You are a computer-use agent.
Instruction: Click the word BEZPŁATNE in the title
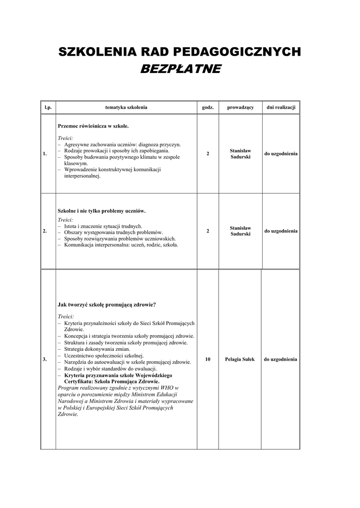(180, 68)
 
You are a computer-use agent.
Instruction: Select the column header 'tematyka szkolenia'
(126, 107)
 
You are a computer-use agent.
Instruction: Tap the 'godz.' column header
(208, 107)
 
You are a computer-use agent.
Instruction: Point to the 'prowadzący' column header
(240, 107)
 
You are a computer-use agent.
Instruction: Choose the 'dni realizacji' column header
(281, 107)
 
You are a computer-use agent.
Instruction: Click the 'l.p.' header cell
(48, 107)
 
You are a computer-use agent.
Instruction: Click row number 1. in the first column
(45, 154)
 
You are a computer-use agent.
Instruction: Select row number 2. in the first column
(45, 231)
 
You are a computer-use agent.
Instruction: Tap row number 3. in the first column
(45, 359)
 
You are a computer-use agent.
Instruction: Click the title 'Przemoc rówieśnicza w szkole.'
(93, 126)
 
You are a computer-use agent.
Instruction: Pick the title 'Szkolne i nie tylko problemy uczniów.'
(102, 211)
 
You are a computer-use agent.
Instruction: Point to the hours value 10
(208, 359)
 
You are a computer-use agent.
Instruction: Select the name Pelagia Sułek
(240, 359)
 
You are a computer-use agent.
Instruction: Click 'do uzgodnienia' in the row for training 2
(281, 231)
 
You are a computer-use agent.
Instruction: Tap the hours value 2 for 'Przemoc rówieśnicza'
(208, 154)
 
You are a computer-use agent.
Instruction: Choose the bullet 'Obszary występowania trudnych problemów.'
(113, 232)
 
